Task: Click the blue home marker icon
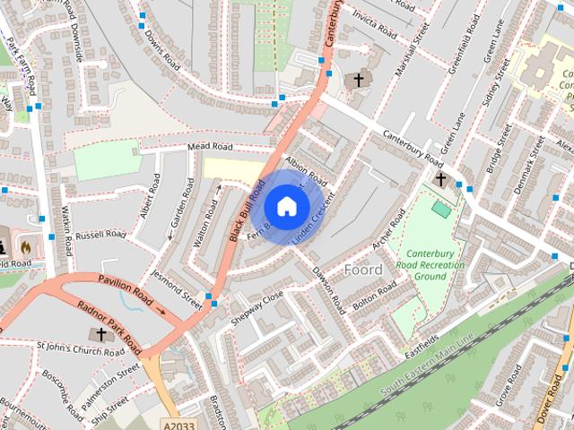point(285,206)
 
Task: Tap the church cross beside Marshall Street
point(359,81)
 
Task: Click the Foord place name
point(363,269)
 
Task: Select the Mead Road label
point(210,147)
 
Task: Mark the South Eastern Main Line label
point(426,367)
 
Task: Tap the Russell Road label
point(100,236)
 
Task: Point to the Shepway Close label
point(257,307)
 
